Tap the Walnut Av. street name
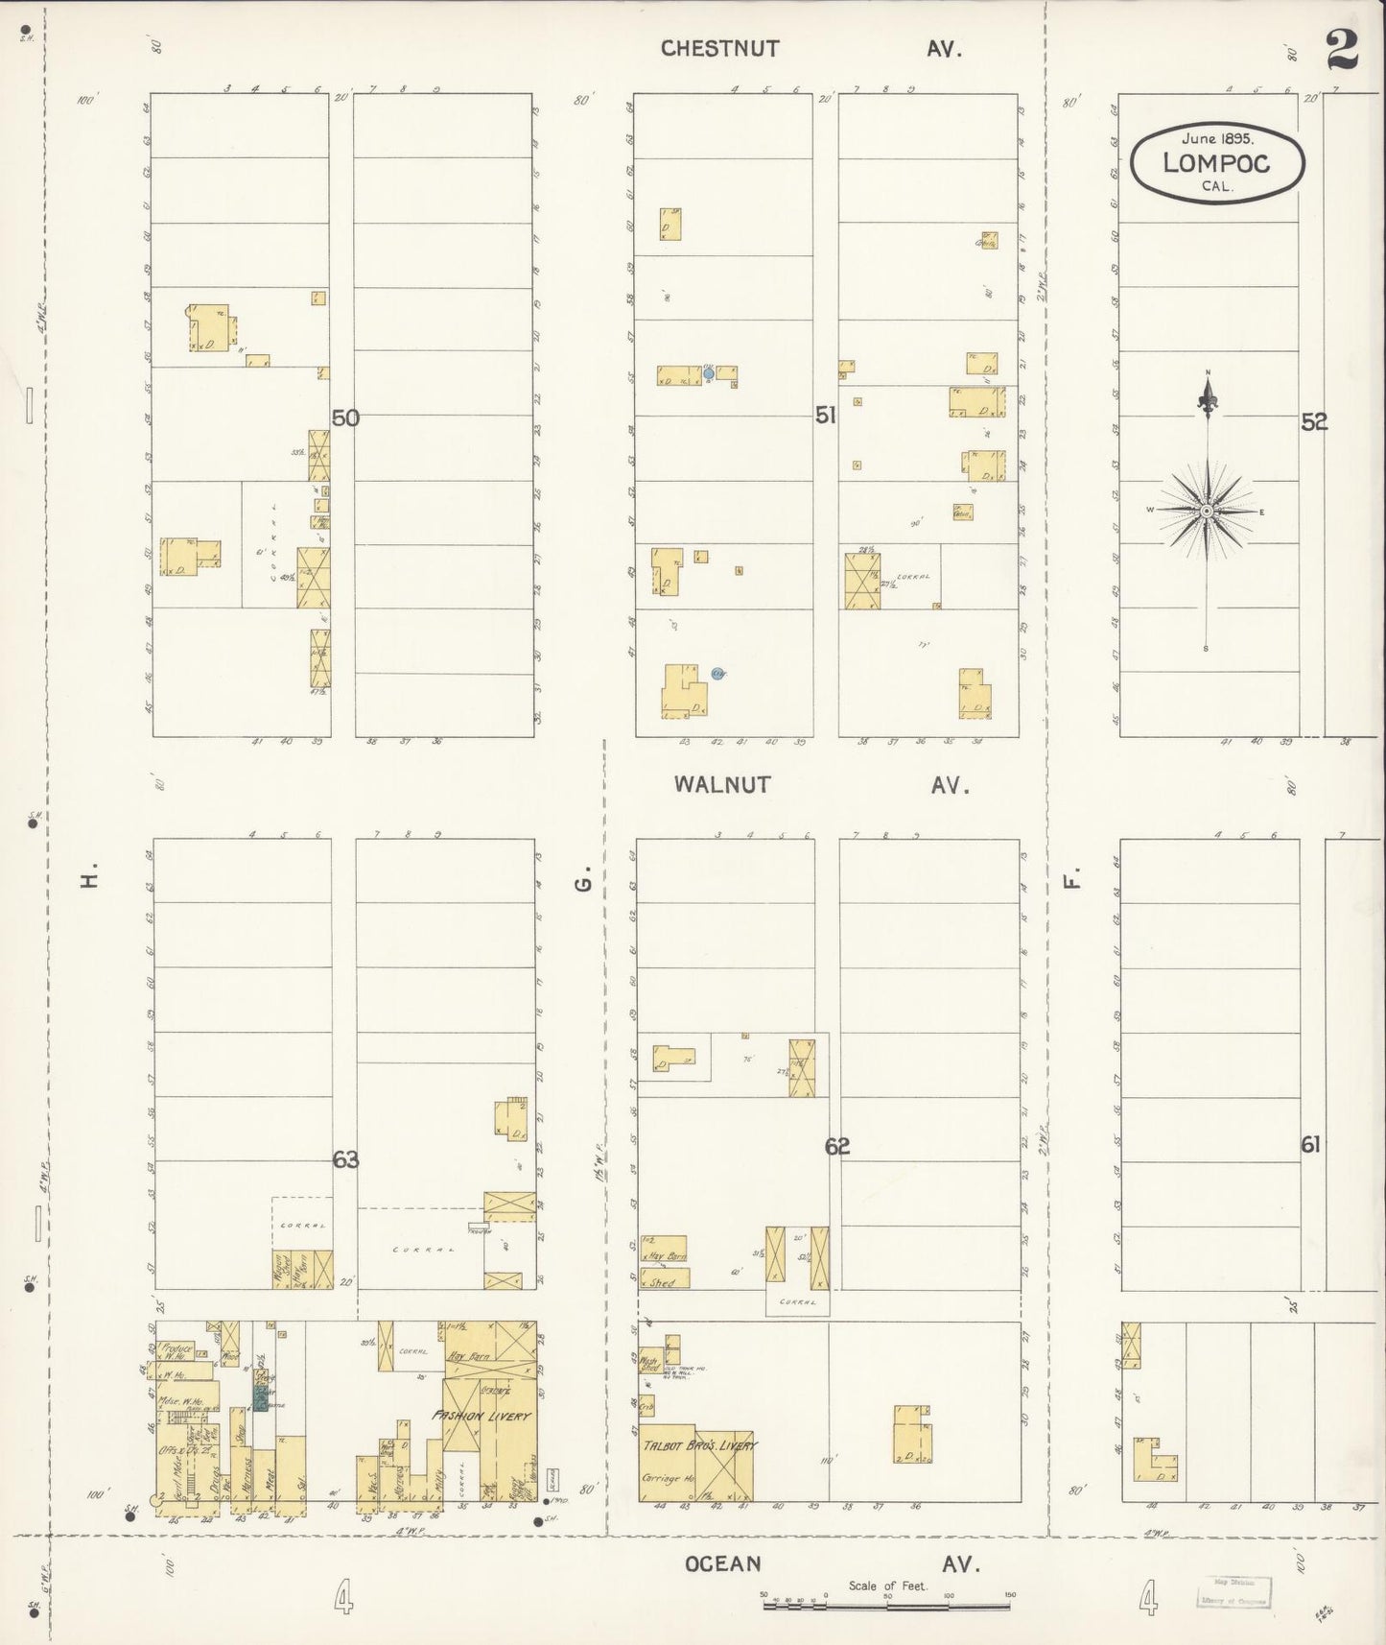tap(820, 785)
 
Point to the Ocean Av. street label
tap(831, 1564)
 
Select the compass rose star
tap(1206, 511)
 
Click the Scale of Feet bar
tap(887, 1604)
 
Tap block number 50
tap(345, 418)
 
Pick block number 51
tap(826, 416)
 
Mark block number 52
tap(1314, 421)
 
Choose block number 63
tap(345, 1160)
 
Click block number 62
tap(837, 1146)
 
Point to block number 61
tap(1311, 1144)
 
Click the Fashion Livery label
tap(480, 1416)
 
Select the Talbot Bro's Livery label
tap(699, 1445)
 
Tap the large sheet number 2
tap(1343, 50)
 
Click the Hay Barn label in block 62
tap(667, 1255)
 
